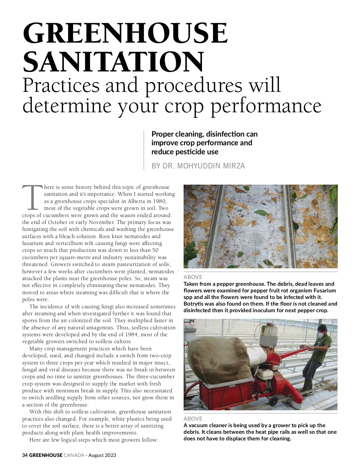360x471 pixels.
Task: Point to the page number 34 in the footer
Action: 25,455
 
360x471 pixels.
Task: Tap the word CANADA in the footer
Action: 74,455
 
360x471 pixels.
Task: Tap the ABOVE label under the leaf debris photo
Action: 193,277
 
